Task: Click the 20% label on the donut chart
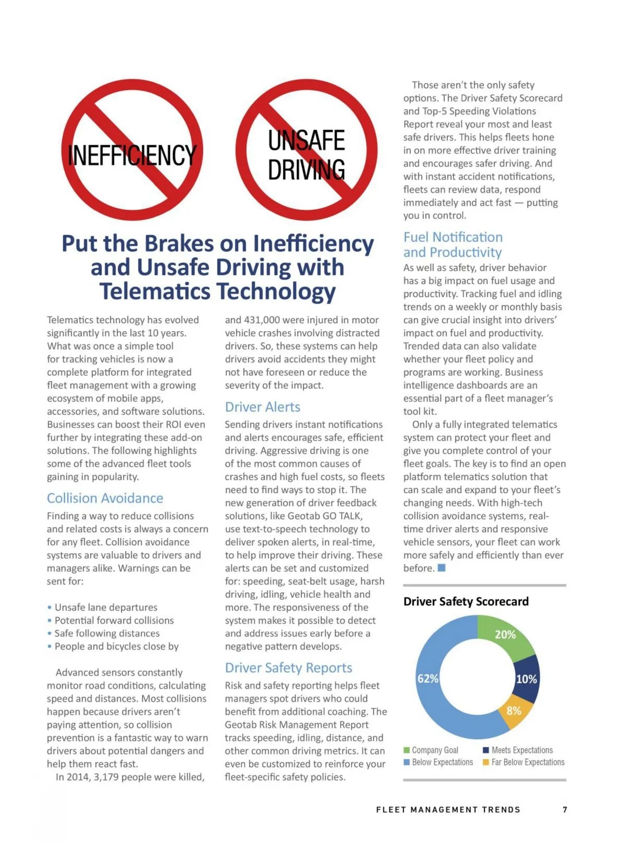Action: coord(505,634)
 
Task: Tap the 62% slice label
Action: coord(428,679)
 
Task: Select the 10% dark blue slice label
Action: coord(527,679)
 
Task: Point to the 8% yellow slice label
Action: coord(514,710)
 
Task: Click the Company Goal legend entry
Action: coord(434,750)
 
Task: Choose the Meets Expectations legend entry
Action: coord(522,750)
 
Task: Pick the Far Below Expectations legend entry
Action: coord(528,762)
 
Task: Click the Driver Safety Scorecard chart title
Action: coord(466,601)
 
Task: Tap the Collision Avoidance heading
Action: coord(105,498)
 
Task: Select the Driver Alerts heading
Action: coord(262,407)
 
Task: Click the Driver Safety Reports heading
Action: coord(288,668)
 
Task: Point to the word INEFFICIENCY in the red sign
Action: coord(132,155)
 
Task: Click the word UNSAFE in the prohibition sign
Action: coord(306,140)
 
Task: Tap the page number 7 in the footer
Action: coord(565,810)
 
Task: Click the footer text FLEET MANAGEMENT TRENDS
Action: coord(448,810)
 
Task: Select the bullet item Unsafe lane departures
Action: coord(106,607)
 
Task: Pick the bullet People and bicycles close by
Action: coord(116,646)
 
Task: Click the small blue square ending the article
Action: coord(441,568)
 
